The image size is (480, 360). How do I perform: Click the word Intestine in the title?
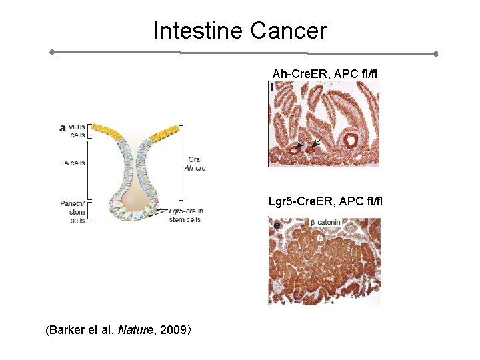(198, 31)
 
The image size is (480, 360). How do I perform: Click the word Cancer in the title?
(289, 31)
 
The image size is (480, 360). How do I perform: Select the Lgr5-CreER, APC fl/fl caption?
(325, 201)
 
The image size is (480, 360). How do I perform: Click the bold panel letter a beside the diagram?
(62, 127)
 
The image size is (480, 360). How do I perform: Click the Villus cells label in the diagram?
(77, 131)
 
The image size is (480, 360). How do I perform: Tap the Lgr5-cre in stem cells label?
(186, 215)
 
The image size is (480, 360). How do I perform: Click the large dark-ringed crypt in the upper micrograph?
(349, 140)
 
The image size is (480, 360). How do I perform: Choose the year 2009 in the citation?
(171, 330)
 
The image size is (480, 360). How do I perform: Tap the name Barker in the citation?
(67, 330)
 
